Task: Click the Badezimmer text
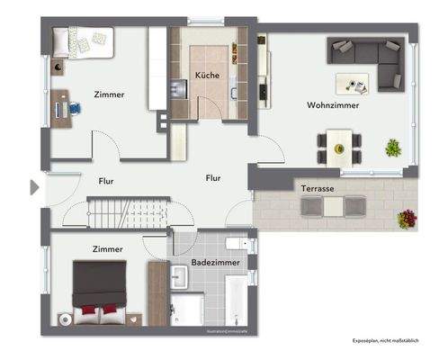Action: pyautogui.click(x=214, y=263)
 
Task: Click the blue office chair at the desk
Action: pyautogui.click(x=74, y=108)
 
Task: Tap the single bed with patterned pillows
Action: pyautogui.click(x=82, y=40)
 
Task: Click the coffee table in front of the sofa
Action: pyautogui.click(x=353, y=83)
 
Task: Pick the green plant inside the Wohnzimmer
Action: pyautogui.click(x=393, y=147)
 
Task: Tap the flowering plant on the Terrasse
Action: pyautogui.click(x=408, y=218)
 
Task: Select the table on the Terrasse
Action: pyautogui.click(x=334, y=206)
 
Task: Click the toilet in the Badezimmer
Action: pyautogui.click(x=238, y=245)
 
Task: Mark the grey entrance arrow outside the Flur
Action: pyautogui.click(x=34, y=187)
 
